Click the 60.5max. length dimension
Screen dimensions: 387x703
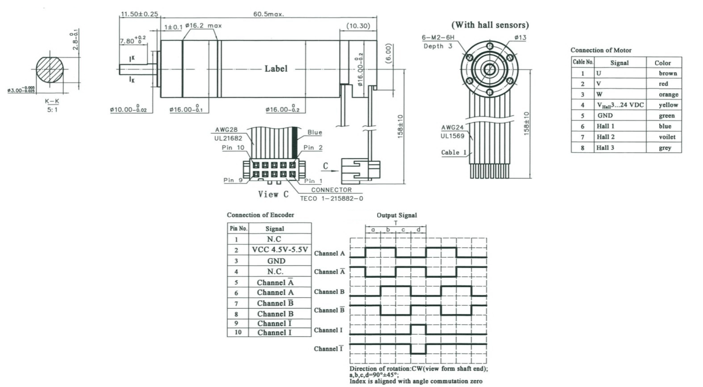(x=268, y=14)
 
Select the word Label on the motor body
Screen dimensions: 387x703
(x=276, y=69)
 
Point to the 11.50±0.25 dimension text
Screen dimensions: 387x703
(x=139, y=14)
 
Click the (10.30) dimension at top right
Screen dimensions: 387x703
(x=358, y=26)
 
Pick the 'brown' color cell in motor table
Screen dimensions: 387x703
(x=668, y=73)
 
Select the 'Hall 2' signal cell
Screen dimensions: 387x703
(x=606, y=137)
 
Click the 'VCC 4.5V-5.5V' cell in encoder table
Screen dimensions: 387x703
(x=280, y=250)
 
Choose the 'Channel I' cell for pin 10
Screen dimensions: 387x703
(x=274, y=332)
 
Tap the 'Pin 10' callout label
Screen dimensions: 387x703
(x=233, y=147)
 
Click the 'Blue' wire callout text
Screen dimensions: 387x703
(x=314, y=132)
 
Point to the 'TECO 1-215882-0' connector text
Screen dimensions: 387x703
(x=331, y=198)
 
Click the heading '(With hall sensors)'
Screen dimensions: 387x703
(x=490, y=25)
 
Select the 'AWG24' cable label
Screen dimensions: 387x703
(x=452, y=128)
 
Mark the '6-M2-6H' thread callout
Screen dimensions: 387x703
(x=438, y=37)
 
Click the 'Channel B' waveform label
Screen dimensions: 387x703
(x=329, y=291)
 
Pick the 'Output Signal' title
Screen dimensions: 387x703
(x=396, y=215)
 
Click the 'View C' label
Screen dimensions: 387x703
(x=273, y=194)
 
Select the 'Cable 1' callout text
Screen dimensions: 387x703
(x=454, y=152)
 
